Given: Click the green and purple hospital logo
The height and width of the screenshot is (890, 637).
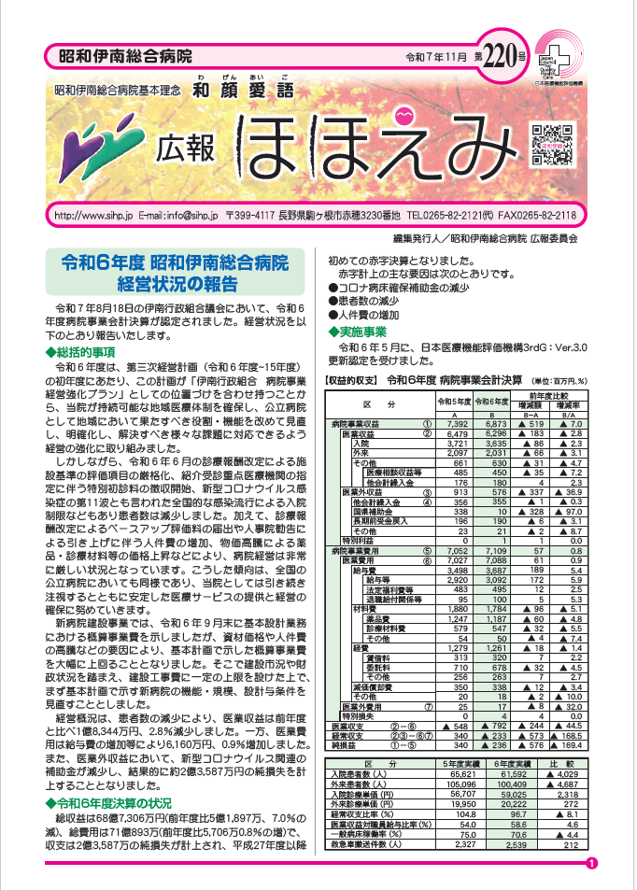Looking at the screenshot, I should [x=96, y=141].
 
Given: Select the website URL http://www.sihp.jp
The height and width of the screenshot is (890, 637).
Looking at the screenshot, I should [x=94, y=215].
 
